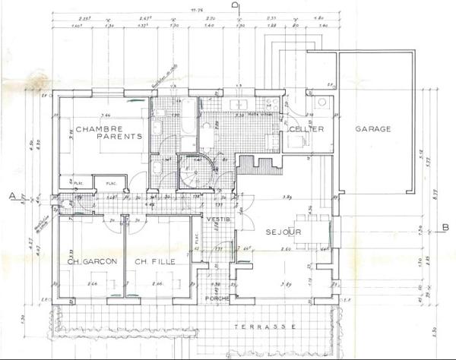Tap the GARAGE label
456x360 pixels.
[373, 129]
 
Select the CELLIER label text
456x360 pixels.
[307, 130]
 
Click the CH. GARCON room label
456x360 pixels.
[90, 262]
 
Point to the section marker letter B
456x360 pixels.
[445, 226]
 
